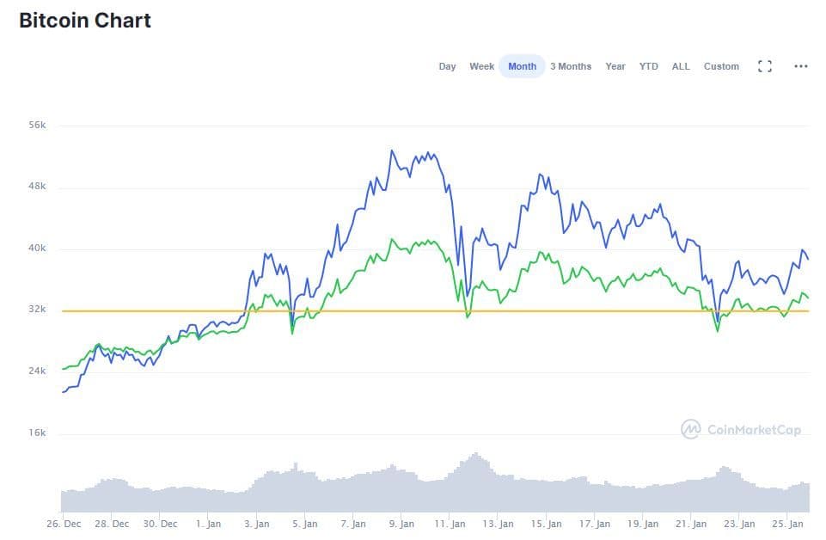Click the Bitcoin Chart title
click(x=85, y=21)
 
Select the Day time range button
click(x=447, y=66)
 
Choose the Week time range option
click(x=481, y=66)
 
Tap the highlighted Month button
click(x=522, y=66)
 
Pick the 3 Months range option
click(x=571, y=66)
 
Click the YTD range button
click(x=648, y=66)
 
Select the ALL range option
click(x=681, y=66)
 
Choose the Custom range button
click(x=721, y=66)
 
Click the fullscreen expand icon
click(x=765, y=66)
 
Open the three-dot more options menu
click(x=801, y=66)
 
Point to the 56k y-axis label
click(x=37, y=126)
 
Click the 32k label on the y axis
click(x=37, y=310)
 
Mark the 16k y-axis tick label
click(x=37, y=433)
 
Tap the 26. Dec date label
click(x=65, y=524)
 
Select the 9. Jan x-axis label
click(x=401, y=524)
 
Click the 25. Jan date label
click(x=788, y=524)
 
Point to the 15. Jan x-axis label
click(x=546, y=524)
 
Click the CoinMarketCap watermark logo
click(x=740, y=429)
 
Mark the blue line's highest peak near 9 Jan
click(x=391, y=150)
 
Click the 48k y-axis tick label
click(x=37, y=187)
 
